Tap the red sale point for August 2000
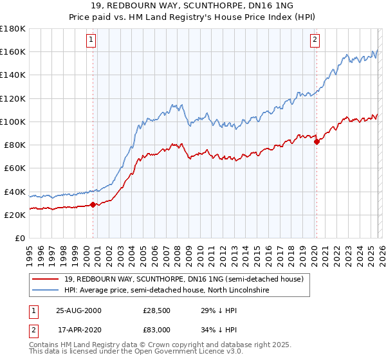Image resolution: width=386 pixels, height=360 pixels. click(93, 204)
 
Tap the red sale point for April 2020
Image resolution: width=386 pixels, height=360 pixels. click(317, 141)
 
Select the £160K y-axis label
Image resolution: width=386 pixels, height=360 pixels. click(13, 51)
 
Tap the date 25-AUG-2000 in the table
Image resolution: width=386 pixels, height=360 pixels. click(78, 310)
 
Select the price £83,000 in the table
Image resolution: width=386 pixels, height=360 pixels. click(156, 328)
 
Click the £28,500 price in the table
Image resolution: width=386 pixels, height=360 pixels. click(156, 310)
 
